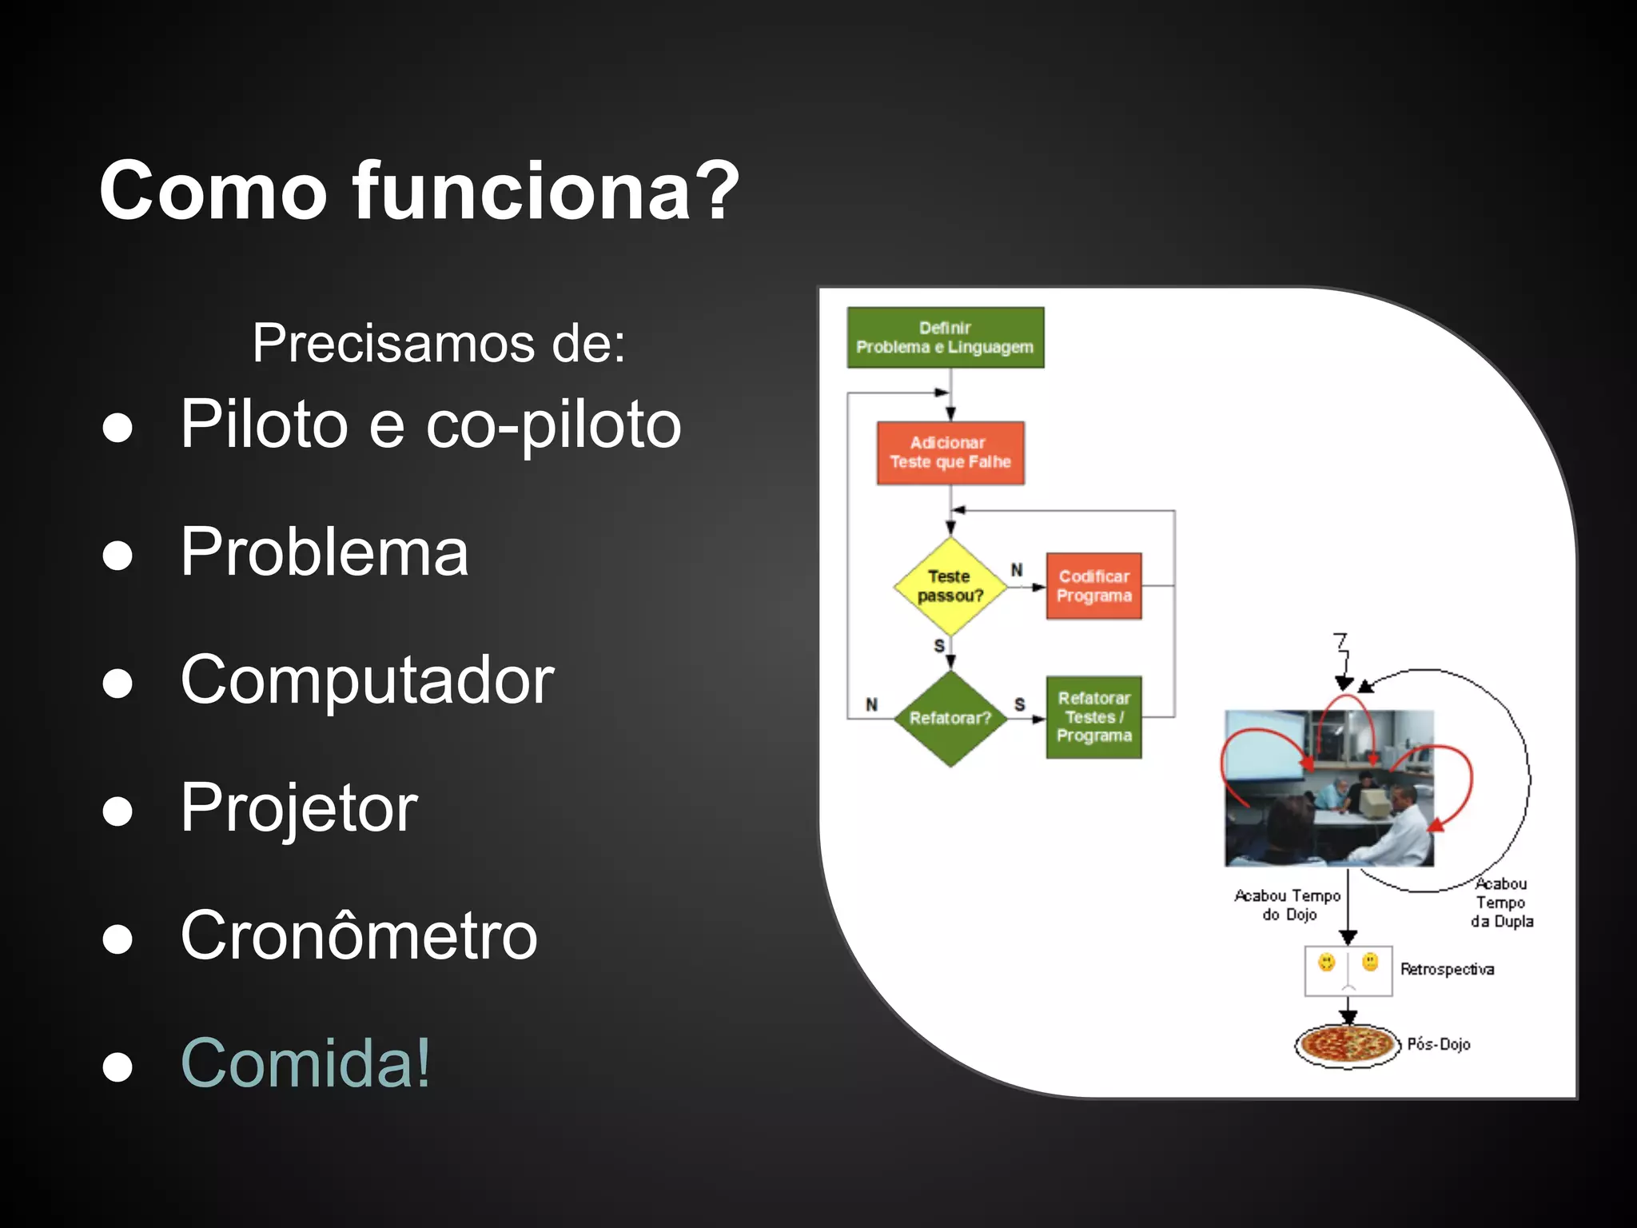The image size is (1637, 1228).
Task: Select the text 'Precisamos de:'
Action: point(438,343)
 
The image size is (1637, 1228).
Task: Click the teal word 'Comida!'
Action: point(306,1063)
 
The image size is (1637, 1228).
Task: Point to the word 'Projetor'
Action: point(299,807)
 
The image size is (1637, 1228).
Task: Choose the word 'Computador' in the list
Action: point(367,680)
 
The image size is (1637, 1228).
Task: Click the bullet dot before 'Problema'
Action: point(117,555)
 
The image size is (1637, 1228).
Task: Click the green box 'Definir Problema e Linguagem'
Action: point(945,337)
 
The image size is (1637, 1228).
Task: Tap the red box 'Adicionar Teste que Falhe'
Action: point(950,453)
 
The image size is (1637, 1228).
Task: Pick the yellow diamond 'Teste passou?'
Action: point(950,586)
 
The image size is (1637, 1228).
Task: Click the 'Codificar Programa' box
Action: point(1093,586)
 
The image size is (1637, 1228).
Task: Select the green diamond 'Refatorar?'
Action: point(950,718)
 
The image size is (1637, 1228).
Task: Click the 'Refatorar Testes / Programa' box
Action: point(1093,717)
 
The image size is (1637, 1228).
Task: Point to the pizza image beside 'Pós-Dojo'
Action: point(1348,1044)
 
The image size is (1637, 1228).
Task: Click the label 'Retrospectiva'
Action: point(1447,969)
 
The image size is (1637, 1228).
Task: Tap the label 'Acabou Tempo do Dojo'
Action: point(1287,905)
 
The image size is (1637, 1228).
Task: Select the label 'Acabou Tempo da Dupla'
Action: point(1501,903)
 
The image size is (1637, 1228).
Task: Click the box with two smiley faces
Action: point(1348,971)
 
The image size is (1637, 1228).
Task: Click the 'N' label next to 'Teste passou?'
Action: point(1017,570)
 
